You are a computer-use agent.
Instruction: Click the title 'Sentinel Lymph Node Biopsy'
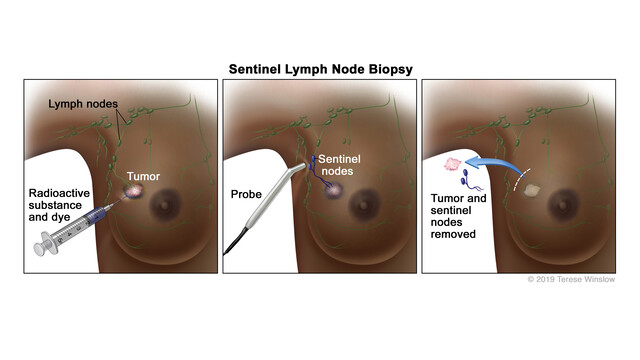(320, 70)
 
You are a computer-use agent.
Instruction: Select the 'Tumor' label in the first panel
(144, 176)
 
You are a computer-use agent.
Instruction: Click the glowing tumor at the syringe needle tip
(130, 188)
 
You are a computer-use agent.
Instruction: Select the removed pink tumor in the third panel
(454, 164)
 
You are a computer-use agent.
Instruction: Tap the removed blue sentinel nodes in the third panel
(466, 183)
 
